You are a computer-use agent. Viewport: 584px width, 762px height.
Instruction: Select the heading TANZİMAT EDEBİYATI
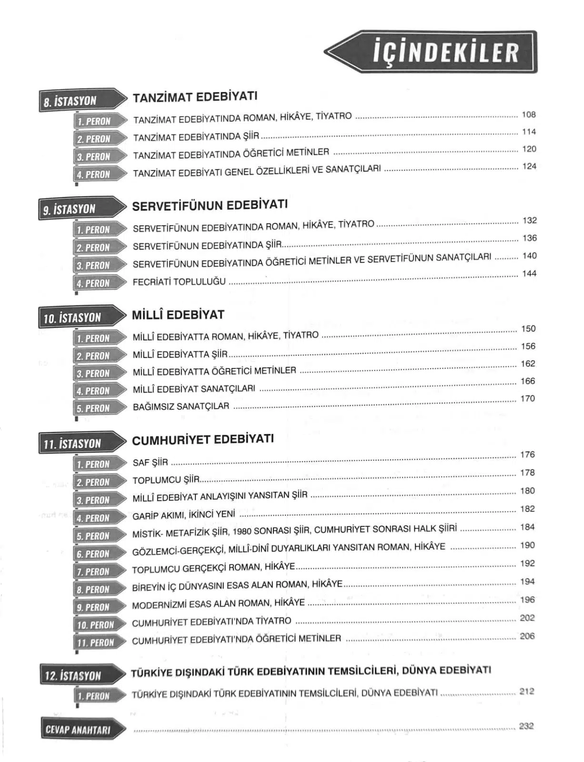(195, 97)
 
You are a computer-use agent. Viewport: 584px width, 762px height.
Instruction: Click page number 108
(529, 115)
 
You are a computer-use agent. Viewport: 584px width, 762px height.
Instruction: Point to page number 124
(529, 166)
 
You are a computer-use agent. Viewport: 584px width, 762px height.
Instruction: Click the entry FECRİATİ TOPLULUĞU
(179, 281)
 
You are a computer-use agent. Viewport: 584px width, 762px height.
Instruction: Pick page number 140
(529, 256)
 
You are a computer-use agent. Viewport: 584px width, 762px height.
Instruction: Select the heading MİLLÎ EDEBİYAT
(178, 315)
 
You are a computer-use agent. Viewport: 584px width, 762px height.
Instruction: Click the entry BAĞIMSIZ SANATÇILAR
(181, 407)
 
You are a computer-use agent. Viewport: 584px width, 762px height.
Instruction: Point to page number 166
(528, 381)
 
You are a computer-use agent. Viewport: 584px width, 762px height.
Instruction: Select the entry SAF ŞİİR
(150, 462)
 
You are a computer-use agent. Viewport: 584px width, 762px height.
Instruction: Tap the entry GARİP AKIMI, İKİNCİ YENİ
(184, 515)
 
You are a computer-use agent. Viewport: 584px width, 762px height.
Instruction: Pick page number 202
(527, 618)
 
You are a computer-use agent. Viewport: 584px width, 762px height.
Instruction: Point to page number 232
(526, 726)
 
